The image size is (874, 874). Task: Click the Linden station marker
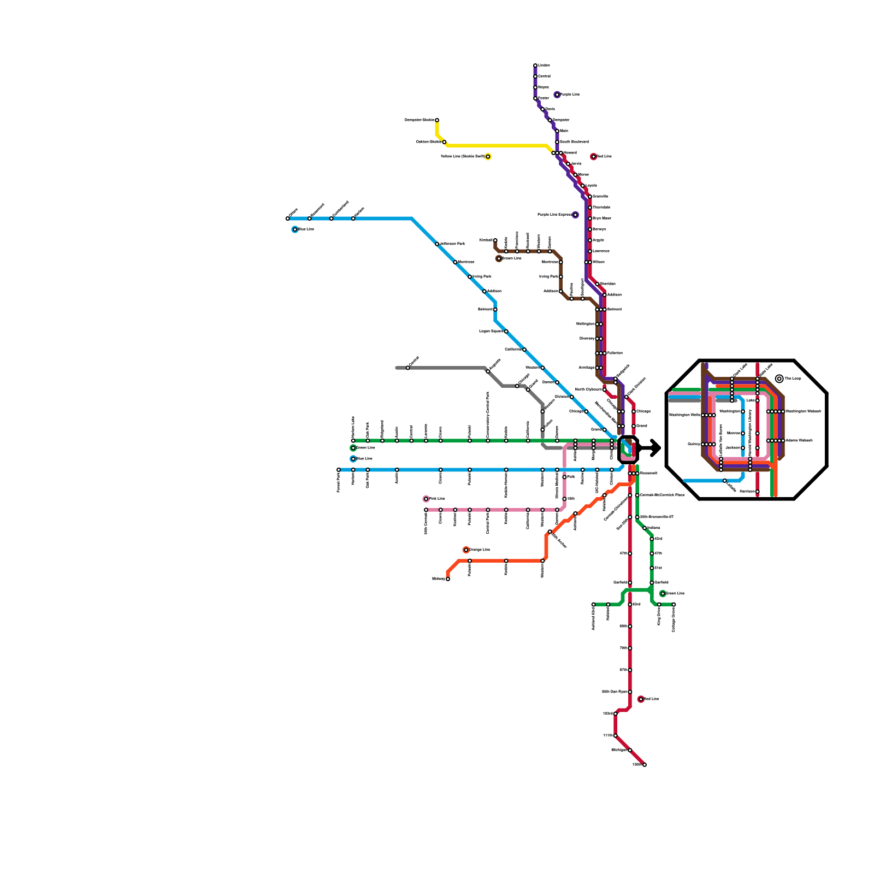point(535,66)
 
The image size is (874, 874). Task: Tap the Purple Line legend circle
point(557,95)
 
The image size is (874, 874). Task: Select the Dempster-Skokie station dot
point(437,120)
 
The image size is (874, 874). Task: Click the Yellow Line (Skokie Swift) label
point(462,157)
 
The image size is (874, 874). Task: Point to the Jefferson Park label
point(453,244)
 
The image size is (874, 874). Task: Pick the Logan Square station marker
point(506,332)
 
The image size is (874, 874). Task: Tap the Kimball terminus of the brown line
point(495,240)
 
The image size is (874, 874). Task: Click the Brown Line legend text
point(512,258)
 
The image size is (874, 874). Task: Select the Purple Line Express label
point(554,215)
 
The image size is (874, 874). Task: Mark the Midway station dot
point(448,579)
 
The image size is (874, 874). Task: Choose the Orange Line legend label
point(480,550)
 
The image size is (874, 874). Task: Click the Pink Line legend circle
point(426,499)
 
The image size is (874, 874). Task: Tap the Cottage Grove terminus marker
point(674,605)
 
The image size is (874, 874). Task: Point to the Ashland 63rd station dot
point(593,605)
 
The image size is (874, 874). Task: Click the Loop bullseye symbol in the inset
point(779,379)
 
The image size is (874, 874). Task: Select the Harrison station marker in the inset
point(758,492)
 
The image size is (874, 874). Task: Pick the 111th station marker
point(616,736)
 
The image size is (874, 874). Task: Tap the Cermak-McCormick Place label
point(662,495)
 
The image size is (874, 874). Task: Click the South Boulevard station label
point(574,142)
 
